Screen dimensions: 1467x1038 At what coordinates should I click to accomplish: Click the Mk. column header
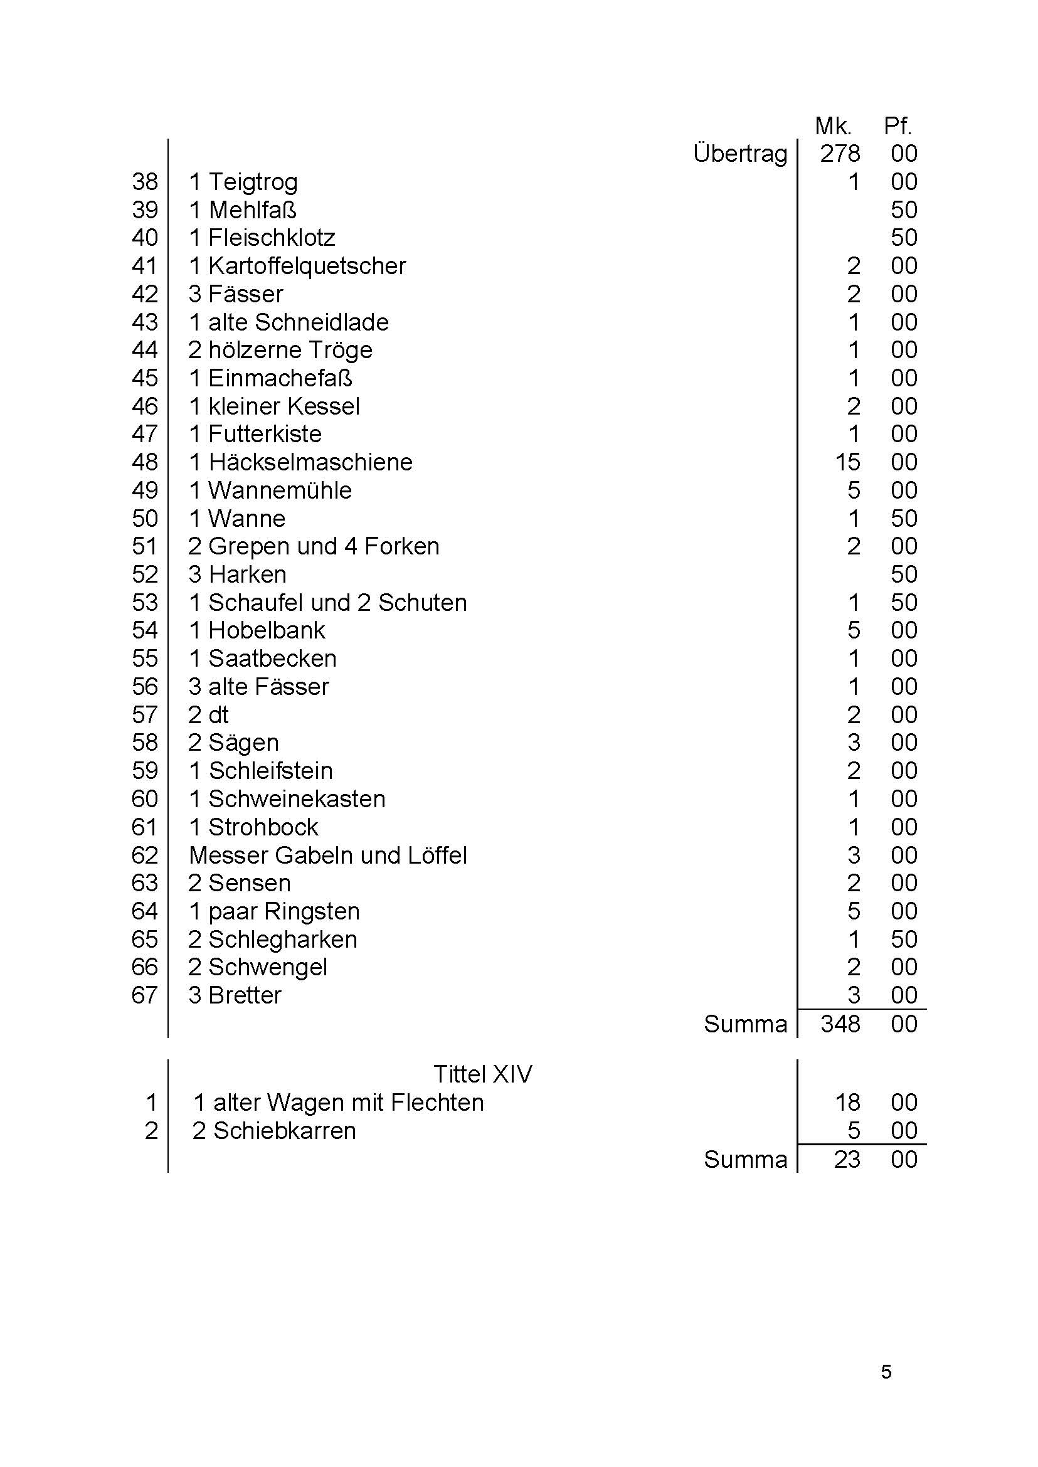click(833, 127)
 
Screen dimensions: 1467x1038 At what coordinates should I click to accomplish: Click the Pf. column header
click(898, 127)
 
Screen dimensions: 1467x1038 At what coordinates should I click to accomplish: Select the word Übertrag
click(740, 154)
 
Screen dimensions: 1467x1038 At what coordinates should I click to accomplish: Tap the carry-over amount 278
click(840, 154)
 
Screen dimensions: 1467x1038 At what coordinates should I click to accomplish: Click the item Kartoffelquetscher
click(307, 267)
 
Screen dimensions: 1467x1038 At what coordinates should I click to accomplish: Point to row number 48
click(144, 462)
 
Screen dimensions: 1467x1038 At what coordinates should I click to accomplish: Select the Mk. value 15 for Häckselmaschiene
click(847, 462)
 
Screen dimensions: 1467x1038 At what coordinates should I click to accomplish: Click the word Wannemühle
click(280, 490)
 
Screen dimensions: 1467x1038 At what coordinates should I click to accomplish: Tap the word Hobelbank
click(267, 630)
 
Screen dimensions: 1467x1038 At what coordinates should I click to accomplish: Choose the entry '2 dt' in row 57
click(208, 714)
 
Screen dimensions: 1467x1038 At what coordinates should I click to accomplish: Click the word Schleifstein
click(270, 771)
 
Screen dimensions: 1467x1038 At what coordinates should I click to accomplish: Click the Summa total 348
click(840, 1024)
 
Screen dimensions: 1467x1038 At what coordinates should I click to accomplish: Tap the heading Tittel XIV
click(482, 1074)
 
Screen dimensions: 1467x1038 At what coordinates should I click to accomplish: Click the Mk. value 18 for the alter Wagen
click(847, 1103)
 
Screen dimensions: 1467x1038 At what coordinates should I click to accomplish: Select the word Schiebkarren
click(284, 1131)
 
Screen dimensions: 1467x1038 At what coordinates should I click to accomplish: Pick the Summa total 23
click(847, 1160)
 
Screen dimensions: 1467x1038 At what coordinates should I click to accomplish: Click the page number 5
click(886, 1372)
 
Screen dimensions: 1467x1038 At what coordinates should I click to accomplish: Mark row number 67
click(144, 995)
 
